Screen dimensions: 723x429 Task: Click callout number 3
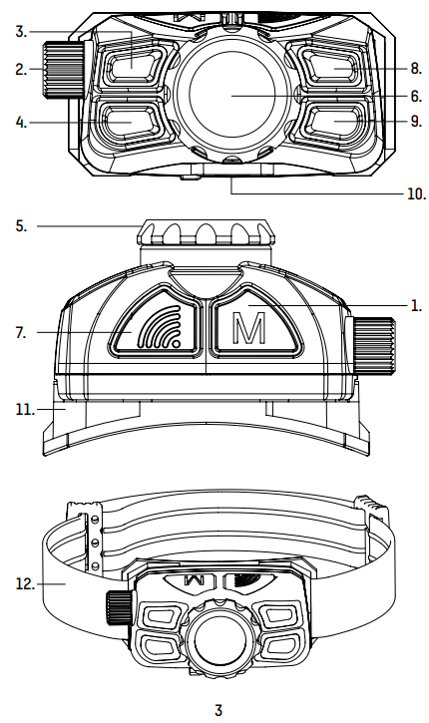tap(21, 32)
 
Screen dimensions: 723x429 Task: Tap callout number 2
tap(21, 69)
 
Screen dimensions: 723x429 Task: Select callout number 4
tap(21, 124)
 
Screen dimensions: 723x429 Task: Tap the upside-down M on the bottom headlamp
tap(197, 580)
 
